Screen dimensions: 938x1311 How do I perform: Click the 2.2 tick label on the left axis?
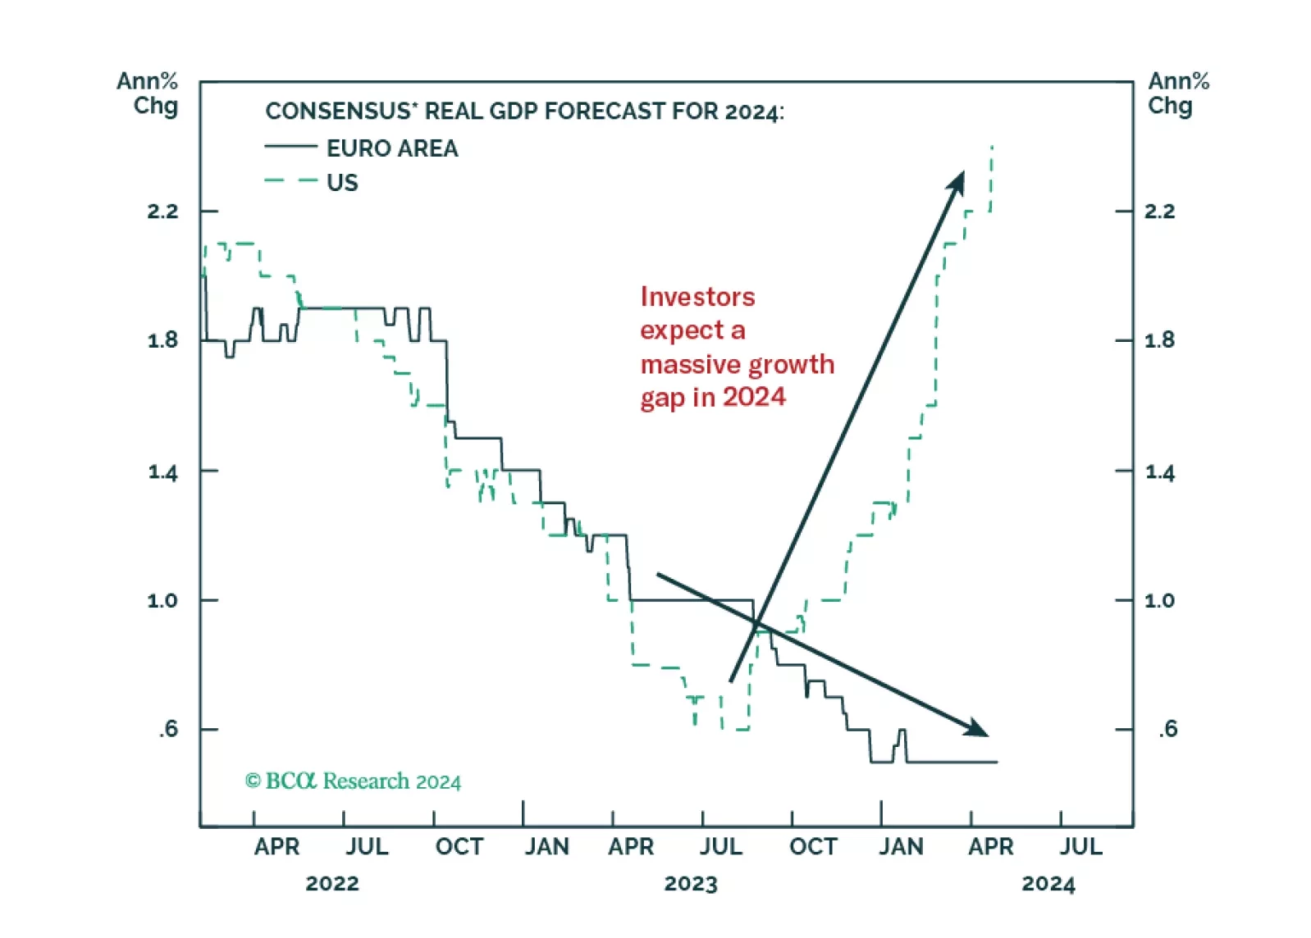pyautogui.click(x=162, y=212)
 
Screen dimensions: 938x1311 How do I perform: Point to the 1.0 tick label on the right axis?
pyautogui.click(x=1159, y=600)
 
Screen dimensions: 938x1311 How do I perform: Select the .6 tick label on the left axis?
pyautogui.click(x=168, y=729)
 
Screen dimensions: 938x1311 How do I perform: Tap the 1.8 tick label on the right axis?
pyautogui.click(x=1159, y=340)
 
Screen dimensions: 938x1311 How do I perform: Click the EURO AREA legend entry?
pyautogui.click(x=392, y=148)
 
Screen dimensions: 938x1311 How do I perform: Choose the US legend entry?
pyautogui.click(x=342, y=182)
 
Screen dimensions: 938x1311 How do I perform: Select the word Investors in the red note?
pyautogui.click(x=697, y=297)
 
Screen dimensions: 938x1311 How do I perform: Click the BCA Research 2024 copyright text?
pyautogui.click(x=353, y=781)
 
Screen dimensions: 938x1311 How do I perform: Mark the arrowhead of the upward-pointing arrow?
pyautogui.click(x=958, y=180)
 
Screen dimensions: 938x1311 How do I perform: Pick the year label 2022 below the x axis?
pyautogui.click(x=332, y=884)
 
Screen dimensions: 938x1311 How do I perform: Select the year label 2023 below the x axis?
pyautogui.click(x=691, y=884)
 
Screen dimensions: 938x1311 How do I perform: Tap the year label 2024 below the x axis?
pyautogui.click(x=1048, y=884)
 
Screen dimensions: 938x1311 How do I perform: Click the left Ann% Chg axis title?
pyautogui.click(x=148, y=93)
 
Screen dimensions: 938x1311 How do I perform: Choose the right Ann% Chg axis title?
pyautogui.click(x=1178, y=93)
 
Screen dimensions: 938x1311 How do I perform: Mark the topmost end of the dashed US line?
pyautogui.click(x=992, y=147)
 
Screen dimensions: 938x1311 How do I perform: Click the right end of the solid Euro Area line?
pyautogui.click(x=997, y=763)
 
